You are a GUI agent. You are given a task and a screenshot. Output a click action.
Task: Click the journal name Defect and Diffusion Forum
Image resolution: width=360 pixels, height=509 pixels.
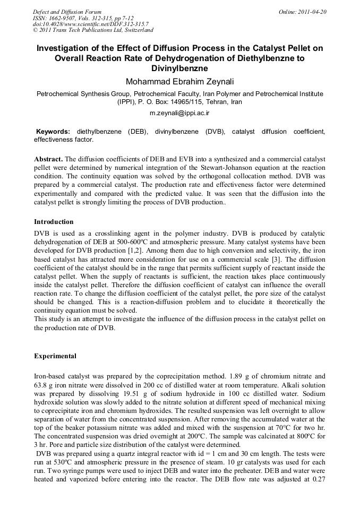[x=67, y=11]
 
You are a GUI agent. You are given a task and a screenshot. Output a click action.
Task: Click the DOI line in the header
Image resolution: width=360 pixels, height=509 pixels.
[x=90, y=24]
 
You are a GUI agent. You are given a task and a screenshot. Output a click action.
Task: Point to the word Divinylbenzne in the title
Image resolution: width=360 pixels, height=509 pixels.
[x=179, y=68]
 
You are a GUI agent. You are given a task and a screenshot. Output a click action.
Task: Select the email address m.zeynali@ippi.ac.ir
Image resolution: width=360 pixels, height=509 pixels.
[x=179, y=113]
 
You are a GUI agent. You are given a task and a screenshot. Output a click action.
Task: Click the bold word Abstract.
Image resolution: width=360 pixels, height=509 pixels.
[x=48, y=159]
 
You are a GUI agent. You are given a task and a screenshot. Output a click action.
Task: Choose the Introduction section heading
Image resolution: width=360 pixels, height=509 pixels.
[x=54, y=222]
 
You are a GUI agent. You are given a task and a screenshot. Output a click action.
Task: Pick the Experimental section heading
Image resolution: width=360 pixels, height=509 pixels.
[x=55, y=356]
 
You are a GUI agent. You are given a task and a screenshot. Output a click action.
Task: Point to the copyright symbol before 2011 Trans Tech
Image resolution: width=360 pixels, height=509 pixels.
[x=35, y=30]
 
